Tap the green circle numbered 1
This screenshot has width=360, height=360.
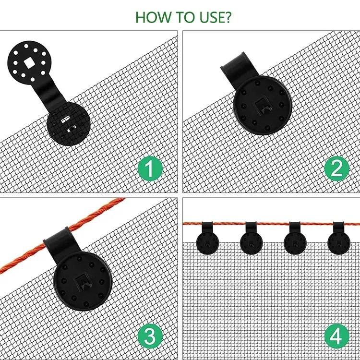(150, 168)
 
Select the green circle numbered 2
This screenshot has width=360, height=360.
(336, 168)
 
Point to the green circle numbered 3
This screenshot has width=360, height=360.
(150, 336)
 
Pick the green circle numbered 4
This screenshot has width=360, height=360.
(336, 336)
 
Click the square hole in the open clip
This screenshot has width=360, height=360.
(29, 63)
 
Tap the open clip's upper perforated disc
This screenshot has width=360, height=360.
(29, 63)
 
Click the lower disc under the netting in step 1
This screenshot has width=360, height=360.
(69, 124)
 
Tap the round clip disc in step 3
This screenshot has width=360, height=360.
(83, 281)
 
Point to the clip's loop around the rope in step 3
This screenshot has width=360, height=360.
(61, 240)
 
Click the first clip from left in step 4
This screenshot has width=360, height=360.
(207, 238)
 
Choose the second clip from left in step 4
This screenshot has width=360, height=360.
(251, 238)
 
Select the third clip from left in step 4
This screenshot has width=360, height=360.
(295, 238)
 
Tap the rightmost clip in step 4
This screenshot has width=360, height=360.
(339, 238)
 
